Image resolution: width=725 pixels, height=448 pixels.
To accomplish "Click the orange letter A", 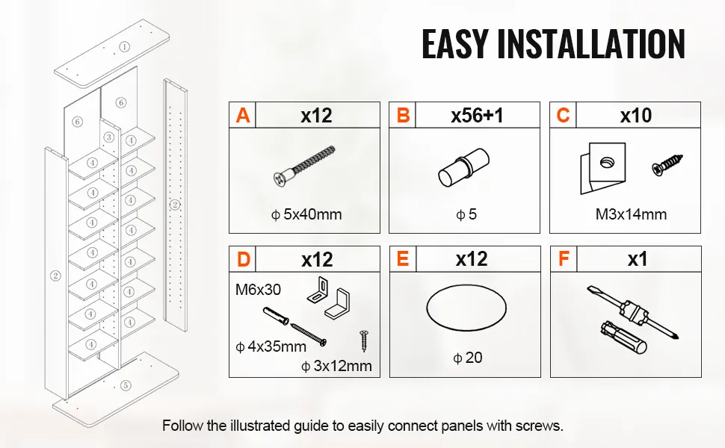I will coord(242,116).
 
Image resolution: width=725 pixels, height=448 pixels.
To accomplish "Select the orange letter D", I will coord(242,260).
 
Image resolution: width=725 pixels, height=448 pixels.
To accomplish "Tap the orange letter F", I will coord(564,260).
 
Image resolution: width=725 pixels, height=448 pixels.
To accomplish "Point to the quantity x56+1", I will coord(476,116).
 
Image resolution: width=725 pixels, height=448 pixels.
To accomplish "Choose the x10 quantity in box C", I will coord(635,116).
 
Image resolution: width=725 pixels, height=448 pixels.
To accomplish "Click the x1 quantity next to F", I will coord(637,260).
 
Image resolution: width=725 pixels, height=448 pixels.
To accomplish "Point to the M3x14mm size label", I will coord(631,215).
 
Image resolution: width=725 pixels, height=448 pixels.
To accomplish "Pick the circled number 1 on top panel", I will coord(125,46).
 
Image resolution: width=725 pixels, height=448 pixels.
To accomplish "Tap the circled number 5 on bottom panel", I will coord(125,385).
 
